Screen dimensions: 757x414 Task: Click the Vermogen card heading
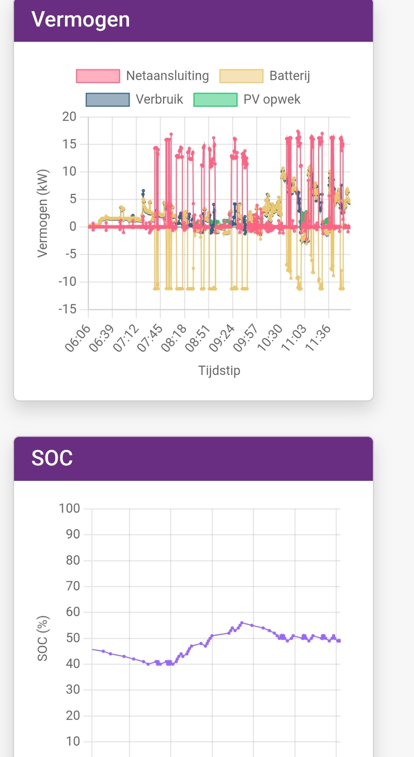[80, 20]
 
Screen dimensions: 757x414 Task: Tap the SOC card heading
[52, 458]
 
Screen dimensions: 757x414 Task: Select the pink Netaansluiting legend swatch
[98, 76]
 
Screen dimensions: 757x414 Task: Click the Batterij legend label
[290, 76]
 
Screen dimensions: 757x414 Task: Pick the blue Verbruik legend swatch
[107, 99]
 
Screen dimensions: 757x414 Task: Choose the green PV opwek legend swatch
[215, 99]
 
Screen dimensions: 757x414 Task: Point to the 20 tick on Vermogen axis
[69, 117]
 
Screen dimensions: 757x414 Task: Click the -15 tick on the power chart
[67, 309]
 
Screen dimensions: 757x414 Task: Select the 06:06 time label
[78, 338]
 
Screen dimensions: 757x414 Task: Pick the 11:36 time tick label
[318, 338]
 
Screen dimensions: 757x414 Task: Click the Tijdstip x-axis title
[219, 370]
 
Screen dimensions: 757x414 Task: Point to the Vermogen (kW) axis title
[42, 213]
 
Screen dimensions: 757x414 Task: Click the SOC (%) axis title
[42, 638]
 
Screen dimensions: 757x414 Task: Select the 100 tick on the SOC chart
[69, 509]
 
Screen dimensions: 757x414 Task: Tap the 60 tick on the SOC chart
[73, 612]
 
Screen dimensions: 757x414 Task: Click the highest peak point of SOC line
[242, 622]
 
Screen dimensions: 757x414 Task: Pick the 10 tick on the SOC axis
[73, 741]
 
